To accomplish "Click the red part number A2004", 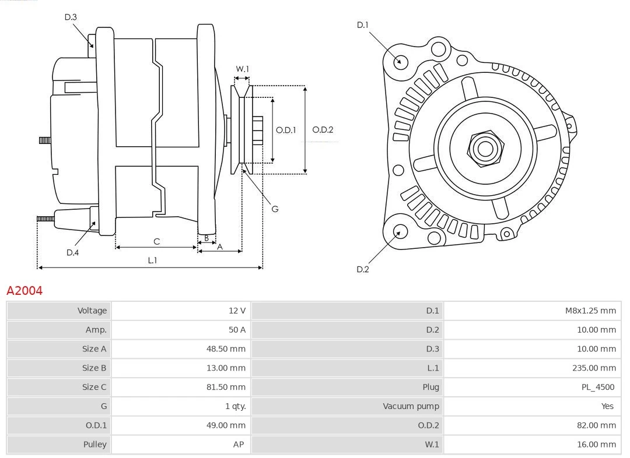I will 24,290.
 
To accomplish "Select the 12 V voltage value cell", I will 237,311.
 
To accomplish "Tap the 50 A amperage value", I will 237,330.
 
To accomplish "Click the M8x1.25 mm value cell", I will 590,311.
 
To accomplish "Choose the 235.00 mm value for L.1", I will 594,368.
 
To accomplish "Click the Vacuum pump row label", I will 411,406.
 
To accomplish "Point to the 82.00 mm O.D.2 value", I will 596,425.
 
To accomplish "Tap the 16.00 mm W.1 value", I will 596,444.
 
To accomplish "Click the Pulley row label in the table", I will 94,444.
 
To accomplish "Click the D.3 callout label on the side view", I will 71,17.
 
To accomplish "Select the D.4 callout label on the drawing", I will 72,252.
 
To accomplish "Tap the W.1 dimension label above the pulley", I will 242,69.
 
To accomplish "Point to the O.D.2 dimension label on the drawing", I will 323,130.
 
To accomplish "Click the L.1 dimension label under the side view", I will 152,260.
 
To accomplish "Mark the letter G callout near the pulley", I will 275,209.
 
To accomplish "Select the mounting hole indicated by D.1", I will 400,61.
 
